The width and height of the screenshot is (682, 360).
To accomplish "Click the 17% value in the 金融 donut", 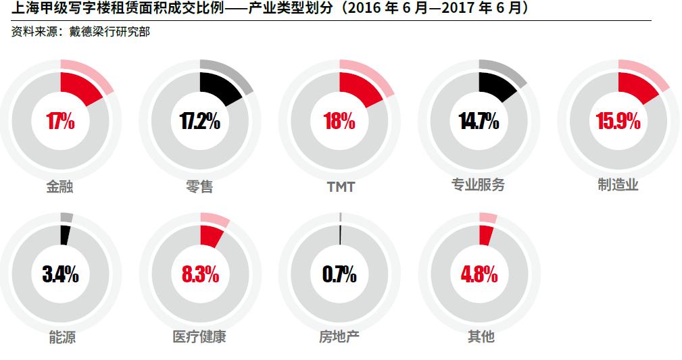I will coord(60,122).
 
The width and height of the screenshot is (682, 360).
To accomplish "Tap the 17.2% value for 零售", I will coord(199,122).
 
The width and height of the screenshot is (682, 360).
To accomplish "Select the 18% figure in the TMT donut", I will coord(339,122).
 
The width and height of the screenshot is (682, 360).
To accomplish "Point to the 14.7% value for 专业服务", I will coord(479,122).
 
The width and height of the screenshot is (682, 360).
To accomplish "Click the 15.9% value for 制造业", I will coord(618,122).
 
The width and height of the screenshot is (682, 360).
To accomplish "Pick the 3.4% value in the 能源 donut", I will coord(60,275).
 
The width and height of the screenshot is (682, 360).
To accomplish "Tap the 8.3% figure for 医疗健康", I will coord(199,275).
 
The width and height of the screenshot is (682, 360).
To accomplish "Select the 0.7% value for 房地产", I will coord(339,275).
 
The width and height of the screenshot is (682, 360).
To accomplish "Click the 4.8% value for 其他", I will coord(479,275).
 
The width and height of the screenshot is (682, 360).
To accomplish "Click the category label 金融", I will coord(59,186).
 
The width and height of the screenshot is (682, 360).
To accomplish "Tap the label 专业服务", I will coord(478,185).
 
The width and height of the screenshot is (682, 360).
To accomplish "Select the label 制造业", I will coord(618,185).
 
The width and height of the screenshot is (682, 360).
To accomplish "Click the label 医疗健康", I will coord(199,336).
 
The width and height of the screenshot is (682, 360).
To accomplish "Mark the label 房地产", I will coord(339,336).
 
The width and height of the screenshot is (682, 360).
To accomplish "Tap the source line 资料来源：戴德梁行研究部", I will coord(80,32).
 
